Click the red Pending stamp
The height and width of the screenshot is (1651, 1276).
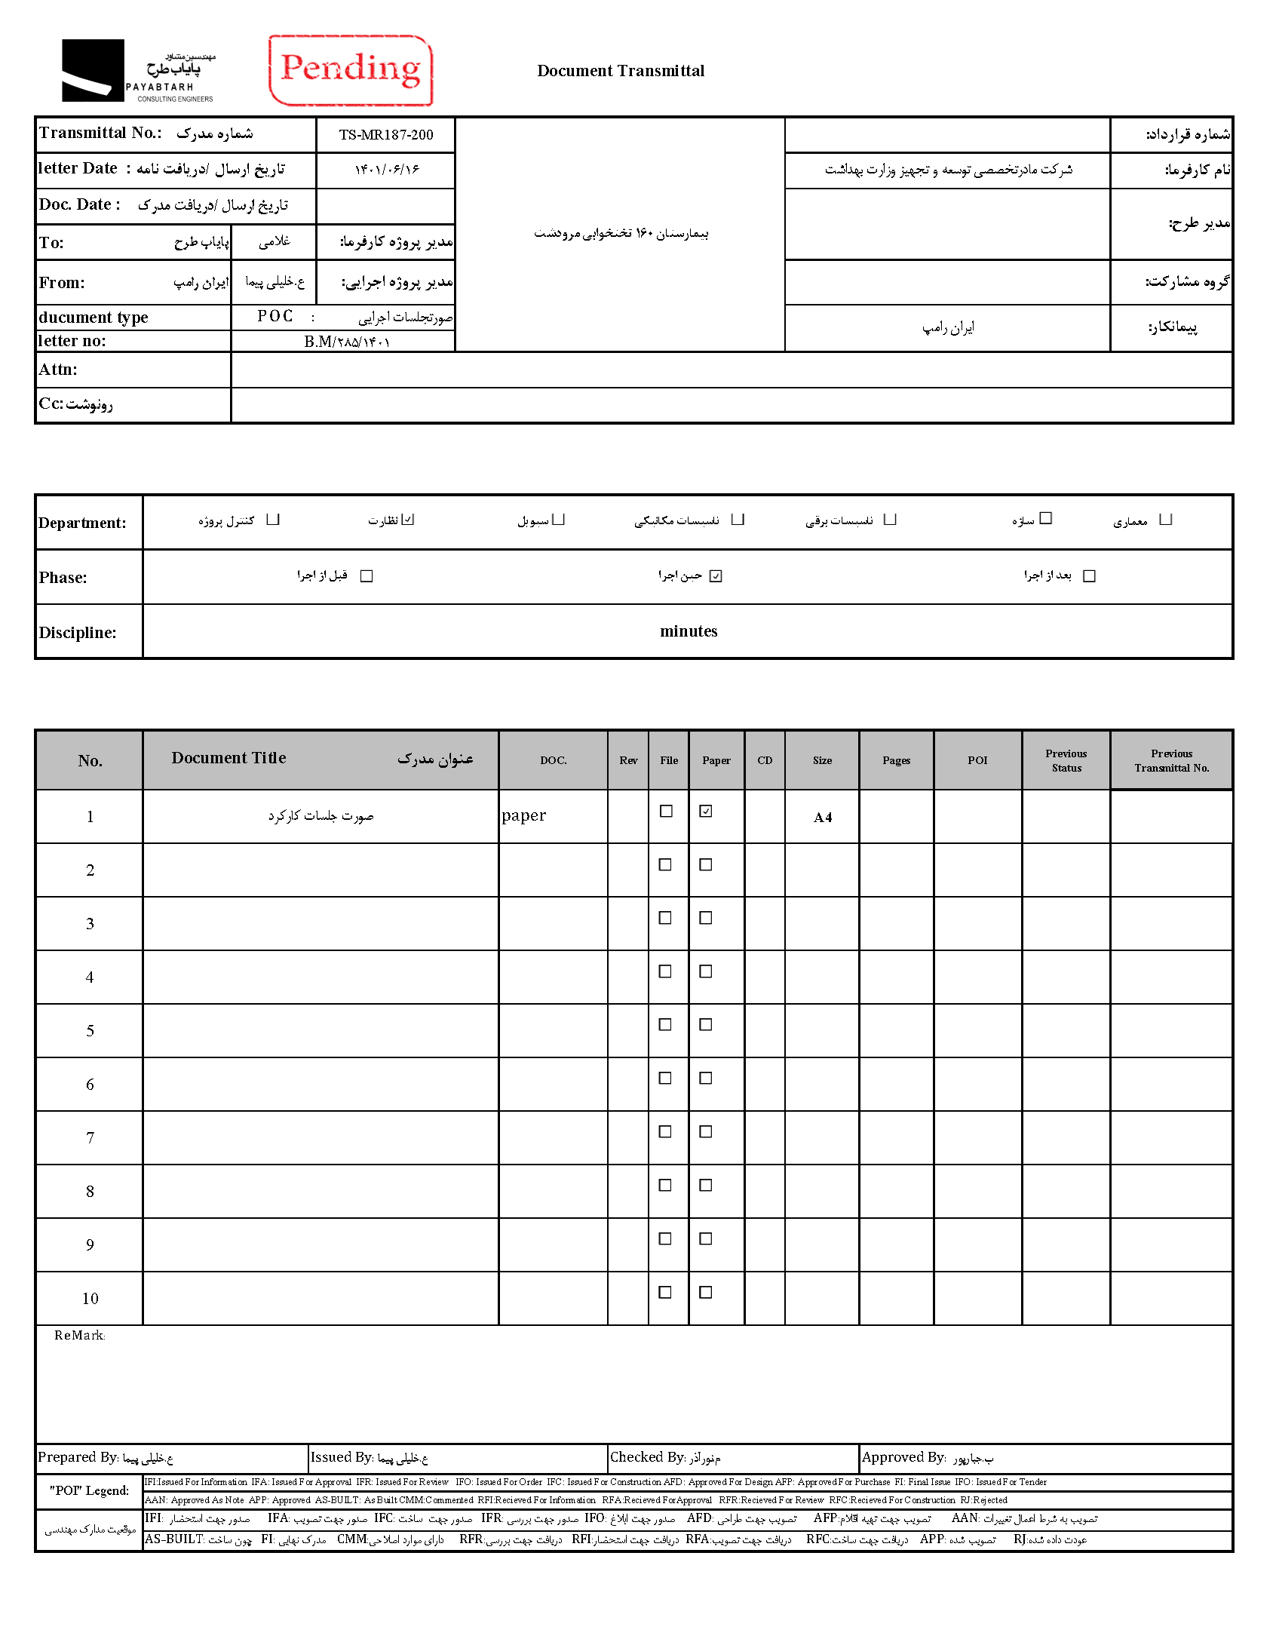[350, 69]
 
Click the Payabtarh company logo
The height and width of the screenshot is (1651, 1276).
[138, 71]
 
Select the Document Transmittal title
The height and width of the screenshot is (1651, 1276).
[621, 71]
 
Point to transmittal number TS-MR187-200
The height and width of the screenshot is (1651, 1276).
[385, 135]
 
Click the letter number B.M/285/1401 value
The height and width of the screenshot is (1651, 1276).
[347, 342]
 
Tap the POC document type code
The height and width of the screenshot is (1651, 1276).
[275, 316]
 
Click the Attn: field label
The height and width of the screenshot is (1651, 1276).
[58, 370]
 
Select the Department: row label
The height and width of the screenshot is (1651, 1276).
[82, 523]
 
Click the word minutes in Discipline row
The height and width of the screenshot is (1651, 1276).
[688, 631]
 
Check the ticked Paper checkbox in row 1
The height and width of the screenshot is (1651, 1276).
[705, 811]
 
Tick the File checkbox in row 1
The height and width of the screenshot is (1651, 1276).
[666, 811]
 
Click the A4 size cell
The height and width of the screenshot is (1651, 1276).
[823, 817]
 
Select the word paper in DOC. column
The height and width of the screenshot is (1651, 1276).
[524, 815]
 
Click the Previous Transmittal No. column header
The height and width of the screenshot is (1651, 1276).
[1171, 760]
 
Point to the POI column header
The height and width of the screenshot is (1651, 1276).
[977, 760]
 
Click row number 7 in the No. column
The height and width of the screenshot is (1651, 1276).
[90, 1137]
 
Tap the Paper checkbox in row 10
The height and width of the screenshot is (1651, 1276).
[705, 1292]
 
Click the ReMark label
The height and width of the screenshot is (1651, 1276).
[79, 1336]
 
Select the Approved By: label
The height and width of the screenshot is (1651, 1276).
[903, 1457]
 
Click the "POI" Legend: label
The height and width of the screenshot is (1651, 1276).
[89, 1491]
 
